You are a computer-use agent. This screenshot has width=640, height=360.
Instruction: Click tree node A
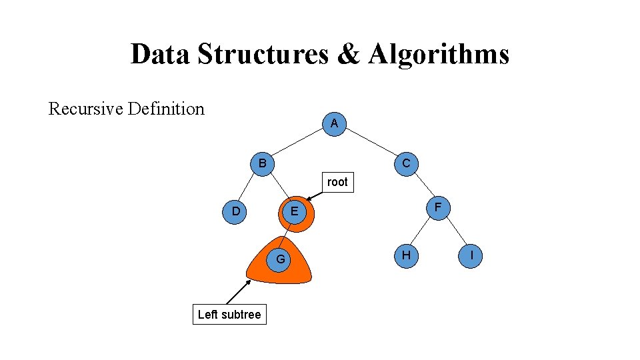tap(334, 123)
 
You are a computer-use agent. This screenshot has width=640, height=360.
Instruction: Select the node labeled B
tap(263, 163)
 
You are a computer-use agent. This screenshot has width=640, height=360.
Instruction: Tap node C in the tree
tap(406, 163)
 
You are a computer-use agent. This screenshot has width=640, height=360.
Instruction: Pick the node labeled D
tap(235, 211)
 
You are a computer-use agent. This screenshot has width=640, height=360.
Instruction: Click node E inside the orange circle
tap(292, 212)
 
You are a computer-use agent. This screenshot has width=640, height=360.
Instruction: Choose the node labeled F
tap(438, 207)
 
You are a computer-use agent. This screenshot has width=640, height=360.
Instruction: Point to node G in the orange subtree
tap(281, 258)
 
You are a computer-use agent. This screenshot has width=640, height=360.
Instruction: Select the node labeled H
tap(406, 255)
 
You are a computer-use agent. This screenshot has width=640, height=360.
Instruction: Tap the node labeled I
tap(471, 255)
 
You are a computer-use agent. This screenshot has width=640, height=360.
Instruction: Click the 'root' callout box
tap(337, 182)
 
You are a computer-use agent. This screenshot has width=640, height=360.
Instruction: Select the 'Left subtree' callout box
tap(229, 314)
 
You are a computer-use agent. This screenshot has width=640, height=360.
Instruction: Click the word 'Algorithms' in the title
tap(439, 54)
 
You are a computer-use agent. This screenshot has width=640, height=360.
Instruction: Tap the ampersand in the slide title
tap(347, 54)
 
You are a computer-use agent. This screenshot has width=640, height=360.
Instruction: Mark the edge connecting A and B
tap(299, 143)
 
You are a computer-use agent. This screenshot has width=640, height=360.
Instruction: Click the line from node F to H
tap(422, 231)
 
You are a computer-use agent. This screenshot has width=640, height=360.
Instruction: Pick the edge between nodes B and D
tap(249, 187)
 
